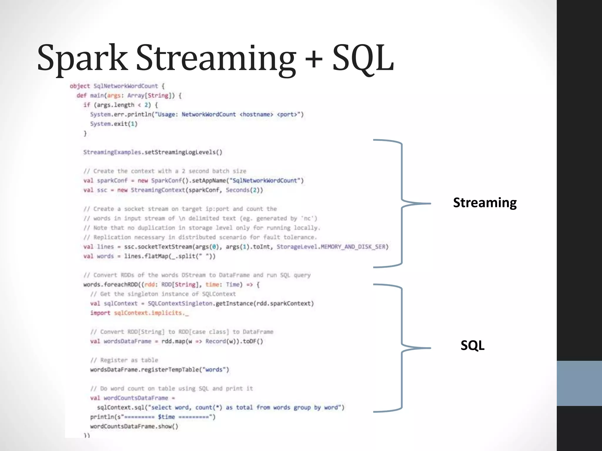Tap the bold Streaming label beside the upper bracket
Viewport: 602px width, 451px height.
pos(485,203)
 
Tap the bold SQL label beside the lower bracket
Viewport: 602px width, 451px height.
pos(472,345)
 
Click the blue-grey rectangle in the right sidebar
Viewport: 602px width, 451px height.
pos(579,383)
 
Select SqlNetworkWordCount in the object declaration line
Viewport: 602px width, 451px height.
pos(126,86)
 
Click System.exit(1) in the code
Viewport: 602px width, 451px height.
pos(114,124)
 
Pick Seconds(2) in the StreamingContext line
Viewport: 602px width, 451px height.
pos(244,190)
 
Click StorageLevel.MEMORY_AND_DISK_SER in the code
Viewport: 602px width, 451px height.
pos(332,247)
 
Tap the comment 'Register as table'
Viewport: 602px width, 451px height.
pos(129,360)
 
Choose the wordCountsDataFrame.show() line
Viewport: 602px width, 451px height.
pos(134,426)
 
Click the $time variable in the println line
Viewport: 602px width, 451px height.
pos(166,417)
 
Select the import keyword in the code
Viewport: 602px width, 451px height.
pos(100,313)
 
